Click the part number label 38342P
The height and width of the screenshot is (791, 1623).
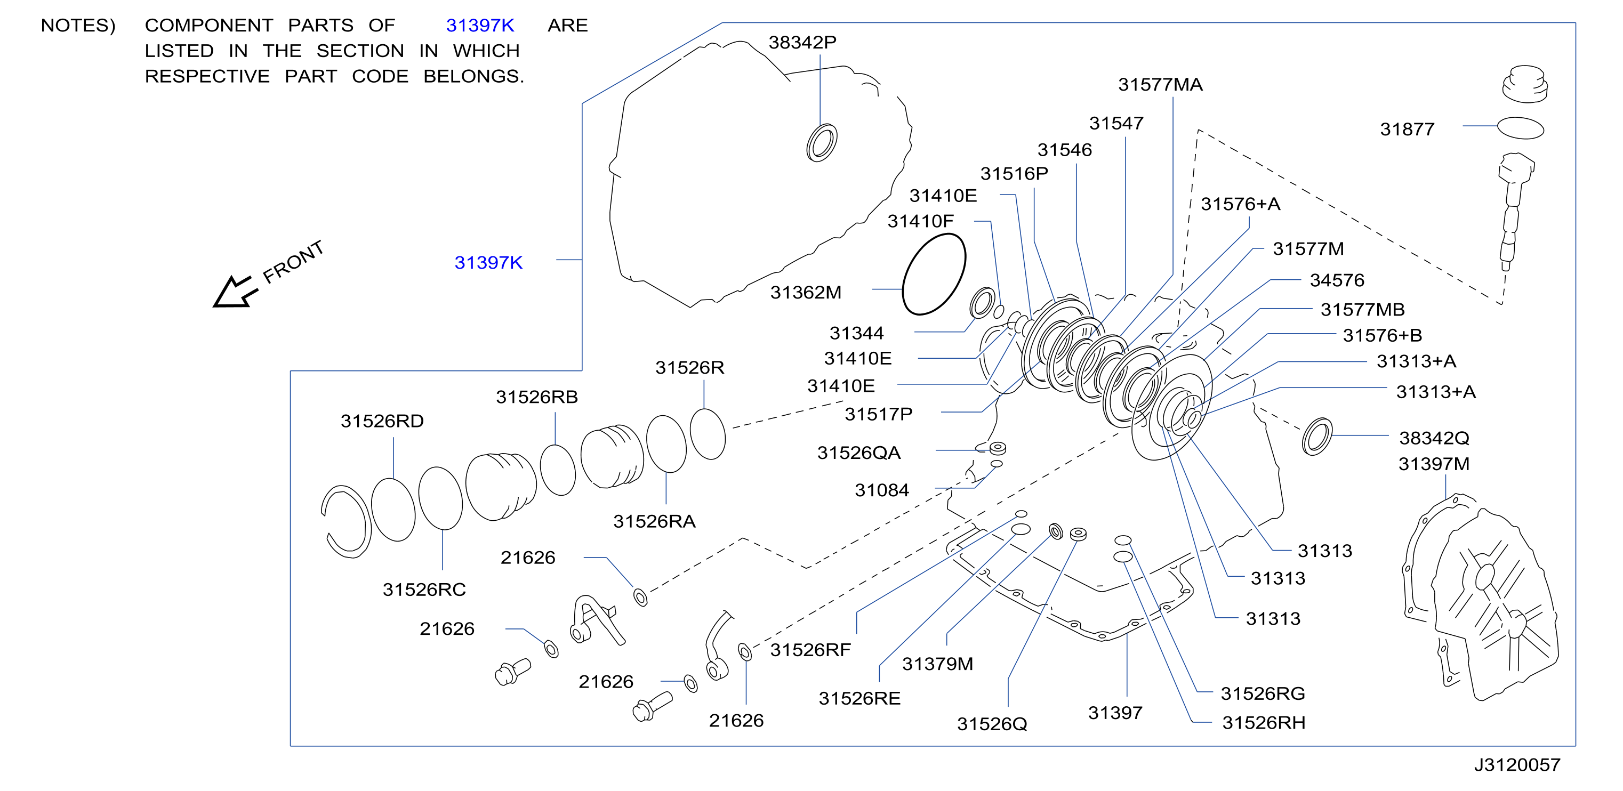click(x=802, y=42)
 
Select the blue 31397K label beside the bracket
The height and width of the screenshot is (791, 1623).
click(x=488, y=263)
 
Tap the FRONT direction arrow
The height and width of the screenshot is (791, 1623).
click(x=235, y=293)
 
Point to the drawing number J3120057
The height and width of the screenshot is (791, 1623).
click(x=1516, y=764)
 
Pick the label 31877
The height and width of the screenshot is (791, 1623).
click(x=1407, y=129)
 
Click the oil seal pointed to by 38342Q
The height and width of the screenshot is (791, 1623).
click(x=1317, y=437)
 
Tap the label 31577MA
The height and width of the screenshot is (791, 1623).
click(x=1160, y=84)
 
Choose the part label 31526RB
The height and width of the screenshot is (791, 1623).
click(x=537, y=397)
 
